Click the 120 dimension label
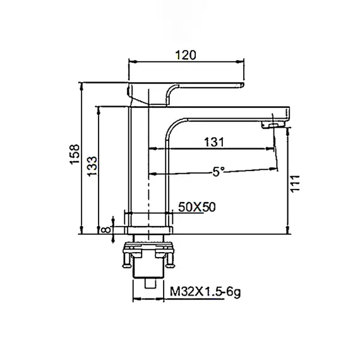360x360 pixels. [x=186, y=55]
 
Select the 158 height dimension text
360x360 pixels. [x=75, y=154]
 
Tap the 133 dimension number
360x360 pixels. [x=92, y=166]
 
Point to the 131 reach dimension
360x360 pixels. [x=213, y=142]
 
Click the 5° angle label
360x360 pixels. [x=219, y=172]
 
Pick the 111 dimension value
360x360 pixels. [x=296, y=183]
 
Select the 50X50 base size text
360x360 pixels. [x=197, y=207]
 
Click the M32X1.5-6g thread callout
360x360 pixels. [x=205, y=292]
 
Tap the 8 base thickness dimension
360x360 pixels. [x=105, y=229]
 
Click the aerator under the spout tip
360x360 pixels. [x=273, y=125]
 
